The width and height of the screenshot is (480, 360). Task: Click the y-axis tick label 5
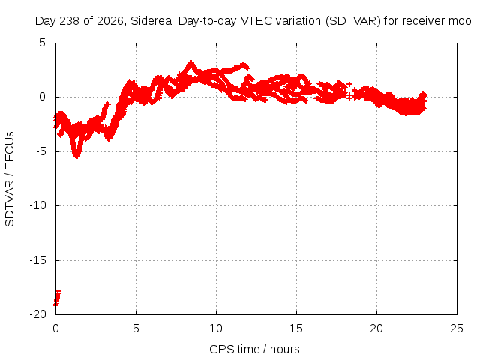point(42,43)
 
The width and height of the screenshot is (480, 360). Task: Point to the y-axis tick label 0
point(42,97)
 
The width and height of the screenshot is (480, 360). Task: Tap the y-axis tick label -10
point(38,205)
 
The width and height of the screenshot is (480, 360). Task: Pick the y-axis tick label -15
point(38,260)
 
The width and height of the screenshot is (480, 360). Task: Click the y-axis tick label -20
point(38,314)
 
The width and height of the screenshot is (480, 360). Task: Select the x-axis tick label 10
point(216,328)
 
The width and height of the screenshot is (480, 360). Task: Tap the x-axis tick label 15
point(296,328)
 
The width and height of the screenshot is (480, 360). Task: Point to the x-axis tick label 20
point(376,328)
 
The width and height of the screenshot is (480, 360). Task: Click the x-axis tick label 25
point(457,328)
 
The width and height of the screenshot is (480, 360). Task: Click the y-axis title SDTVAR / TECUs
point(10,179)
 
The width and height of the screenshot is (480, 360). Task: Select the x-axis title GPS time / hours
point(254,349)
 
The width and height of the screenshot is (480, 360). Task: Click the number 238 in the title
point(70,21)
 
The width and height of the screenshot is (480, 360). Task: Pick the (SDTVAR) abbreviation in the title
point(353,21)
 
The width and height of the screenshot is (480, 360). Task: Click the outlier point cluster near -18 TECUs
point(57,297)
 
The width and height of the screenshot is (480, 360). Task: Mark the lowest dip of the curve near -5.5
point(76,156)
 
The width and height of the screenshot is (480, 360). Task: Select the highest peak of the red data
point(191,63)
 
